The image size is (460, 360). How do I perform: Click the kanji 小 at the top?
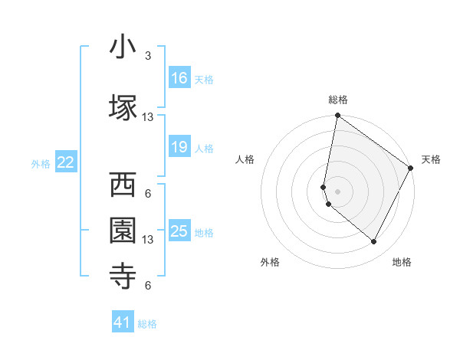pyautogui.click(x=123, y=48)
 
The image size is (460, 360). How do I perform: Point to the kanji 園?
pyautogui.click(x=123, y=230)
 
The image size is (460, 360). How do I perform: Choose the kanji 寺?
pyautogui.click(x=123, y=275)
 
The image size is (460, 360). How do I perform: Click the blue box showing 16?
pyautogui.click(x=179, y=77)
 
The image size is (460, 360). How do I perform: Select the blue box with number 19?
pyautogui.click(x=179, y=147)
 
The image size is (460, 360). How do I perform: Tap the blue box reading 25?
pyautogui.click(x=179, y=231)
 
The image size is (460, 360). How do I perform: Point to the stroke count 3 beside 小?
pyautogui.click(x=148, y=56)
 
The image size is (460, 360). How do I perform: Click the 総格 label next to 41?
pyautogui.click(x=147, y=324)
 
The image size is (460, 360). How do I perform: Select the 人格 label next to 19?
pyautogui.click(x=204, y=149)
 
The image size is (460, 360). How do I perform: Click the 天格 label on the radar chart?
pyautogui.click(x=431, y=159)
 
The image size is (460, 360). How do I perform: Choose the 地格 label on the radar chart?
pyautogui.click(x=402, y=262)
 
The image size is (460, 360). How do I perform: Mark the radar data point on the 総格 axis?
pyautogui.click(x=337, y=116)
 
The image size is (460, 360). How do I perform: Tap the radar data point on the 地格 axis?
pyautogui.click(x=374, y=242)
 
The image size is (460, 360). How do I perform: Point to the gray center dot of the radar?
pyautogui.click(x=337, y=191)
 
